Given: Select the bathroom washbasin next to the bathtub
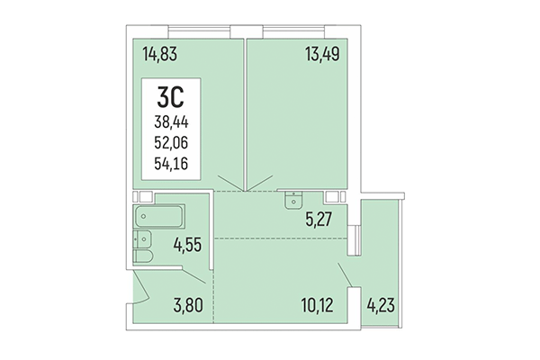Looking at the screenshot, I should point(142,238).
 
